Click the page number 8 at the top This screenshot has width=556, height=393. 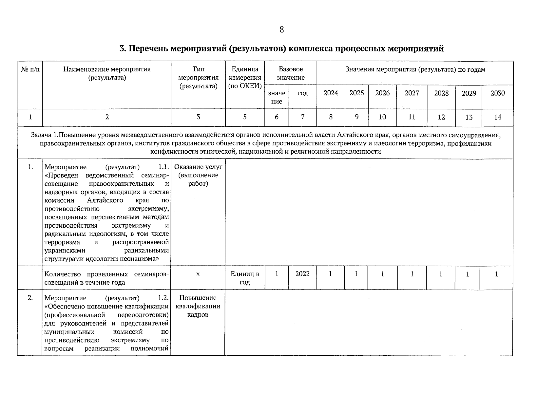pos(281,30)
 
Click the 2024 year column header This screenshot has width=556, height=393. pos(331,93)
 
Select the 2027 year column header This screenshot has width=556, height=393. pos(412,93)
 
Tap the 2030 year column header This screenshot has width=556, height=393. pos(497,93)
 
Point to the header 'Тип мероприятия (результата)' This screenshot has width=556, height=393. pos(198,78)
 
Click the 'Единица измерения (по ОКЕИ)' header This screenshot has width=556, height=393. pos(245,78)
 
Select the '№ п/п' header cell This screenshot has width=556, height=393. pos(30,69)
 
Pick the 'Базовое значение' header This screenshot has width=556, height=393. pos(291,73)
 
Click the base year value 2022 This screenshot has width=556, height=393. pos(302,274)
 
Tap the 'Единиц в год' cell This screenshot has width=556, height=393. pos(245,278)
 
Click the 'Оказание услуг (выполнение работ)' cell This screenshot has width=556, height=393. pos(198,175)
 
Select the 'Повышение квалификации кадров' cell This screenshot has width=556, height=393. pos(198,306)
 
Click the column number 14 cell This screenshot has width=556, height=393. pos(497,117)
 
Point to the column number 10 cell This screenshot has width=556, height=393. pos(382,117)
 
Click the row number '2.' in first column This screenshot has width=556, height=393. pos(30,298)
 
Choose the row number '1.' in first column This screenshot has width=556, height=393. pos(30,167)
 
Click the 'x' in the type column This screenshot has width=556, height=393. pos(198,274)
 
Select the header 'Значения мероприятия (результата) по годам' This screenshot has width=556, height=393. pos(415,69)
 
